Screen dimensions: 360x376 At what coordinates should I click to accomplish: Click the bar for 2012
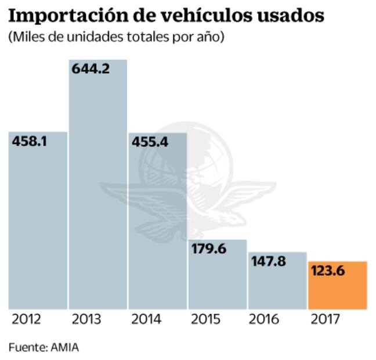[x=38, y=226]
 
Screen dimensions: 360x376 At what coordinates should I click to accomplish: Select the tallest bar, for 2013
[x=97, y=192]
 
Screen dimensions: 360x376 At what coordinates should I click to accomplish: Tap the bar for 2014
[x=157, y=226]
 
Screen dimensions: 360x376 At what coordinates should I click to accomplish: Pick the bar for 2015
[x=217, y=279]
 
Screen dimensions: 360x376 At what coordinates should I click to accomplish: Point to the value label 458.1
[x=29, y=141]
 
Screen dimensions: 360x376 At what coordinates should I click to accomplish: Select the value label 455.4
[x=150, y=142]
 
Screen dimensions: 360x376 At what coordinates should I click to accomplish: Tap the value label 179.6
[x=209, y=249]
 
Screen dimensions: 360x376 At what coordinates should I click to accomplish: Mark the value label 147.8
[x=269, y=261]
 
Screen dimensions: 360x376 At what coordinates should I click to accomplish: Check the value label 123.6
[x=330, y=271]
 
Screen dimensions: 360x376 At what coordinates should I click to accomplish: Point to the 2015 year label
[x=204, y=320]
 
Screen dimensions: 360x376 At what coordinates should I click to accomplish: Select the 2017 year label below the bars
[x=325, y=320]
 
